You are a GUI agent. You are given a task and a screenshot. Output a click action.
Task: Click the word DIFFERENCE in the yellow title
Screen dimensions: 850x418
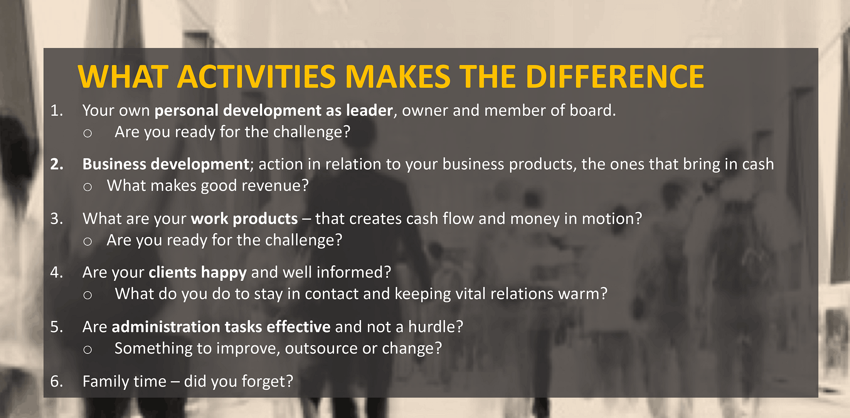point(615,77)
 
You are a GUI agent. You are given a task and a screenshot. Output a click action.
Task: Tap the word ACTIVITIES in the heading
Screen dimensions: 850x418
point(257,77)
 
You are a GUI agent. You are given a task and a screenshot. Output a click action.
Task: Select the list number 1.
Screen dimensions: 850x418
point(57,111)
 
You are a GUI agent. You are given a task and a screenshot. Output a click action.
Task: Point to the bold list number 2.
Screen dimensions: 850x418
point(57,164)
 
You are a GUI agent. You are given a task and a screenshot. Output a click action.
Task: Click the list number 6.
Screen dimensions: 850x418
point(57,382)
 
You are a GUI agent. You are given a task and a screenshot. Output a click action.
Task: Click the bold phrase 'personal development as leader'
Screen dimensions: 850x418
point(273,111)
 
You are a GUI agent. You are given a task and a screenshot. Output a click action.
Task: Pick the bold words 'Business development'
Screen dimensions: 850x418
point(166,164)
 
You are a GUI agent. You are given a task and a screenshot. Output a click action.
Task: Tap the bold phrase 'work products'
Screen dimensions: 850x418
point(244,219)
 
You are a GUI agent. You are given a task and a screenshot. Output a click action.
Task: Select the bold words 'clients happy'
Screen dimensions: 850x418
point(198,272)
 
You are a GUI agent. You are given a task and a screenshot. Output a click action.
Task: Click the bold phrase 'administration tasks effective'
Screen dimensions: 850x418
point(221,327)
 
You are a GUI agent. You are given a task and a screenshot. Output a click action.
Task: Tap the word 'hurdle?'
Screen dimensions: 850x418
point(436,327)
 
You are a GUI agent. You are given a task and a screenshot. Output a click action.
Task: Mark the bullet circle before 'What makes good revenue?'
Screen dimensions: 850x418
point(88,187)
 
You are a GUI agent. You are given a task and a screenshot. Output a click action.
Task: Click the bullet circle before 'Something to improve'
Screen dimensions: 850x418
point(88,350)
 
